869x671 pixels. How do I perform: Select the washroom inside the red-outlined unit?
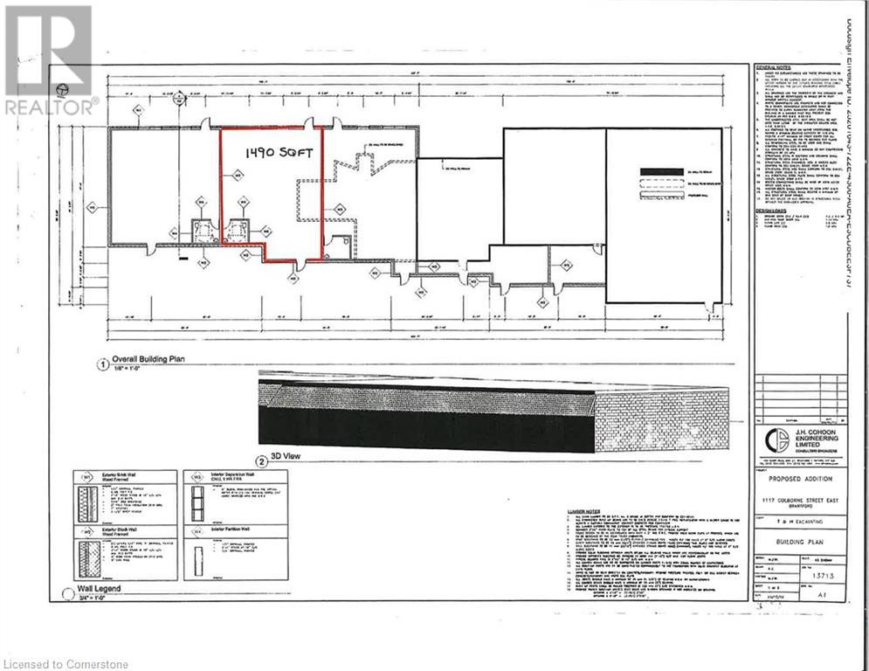[x=237, y=231]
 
